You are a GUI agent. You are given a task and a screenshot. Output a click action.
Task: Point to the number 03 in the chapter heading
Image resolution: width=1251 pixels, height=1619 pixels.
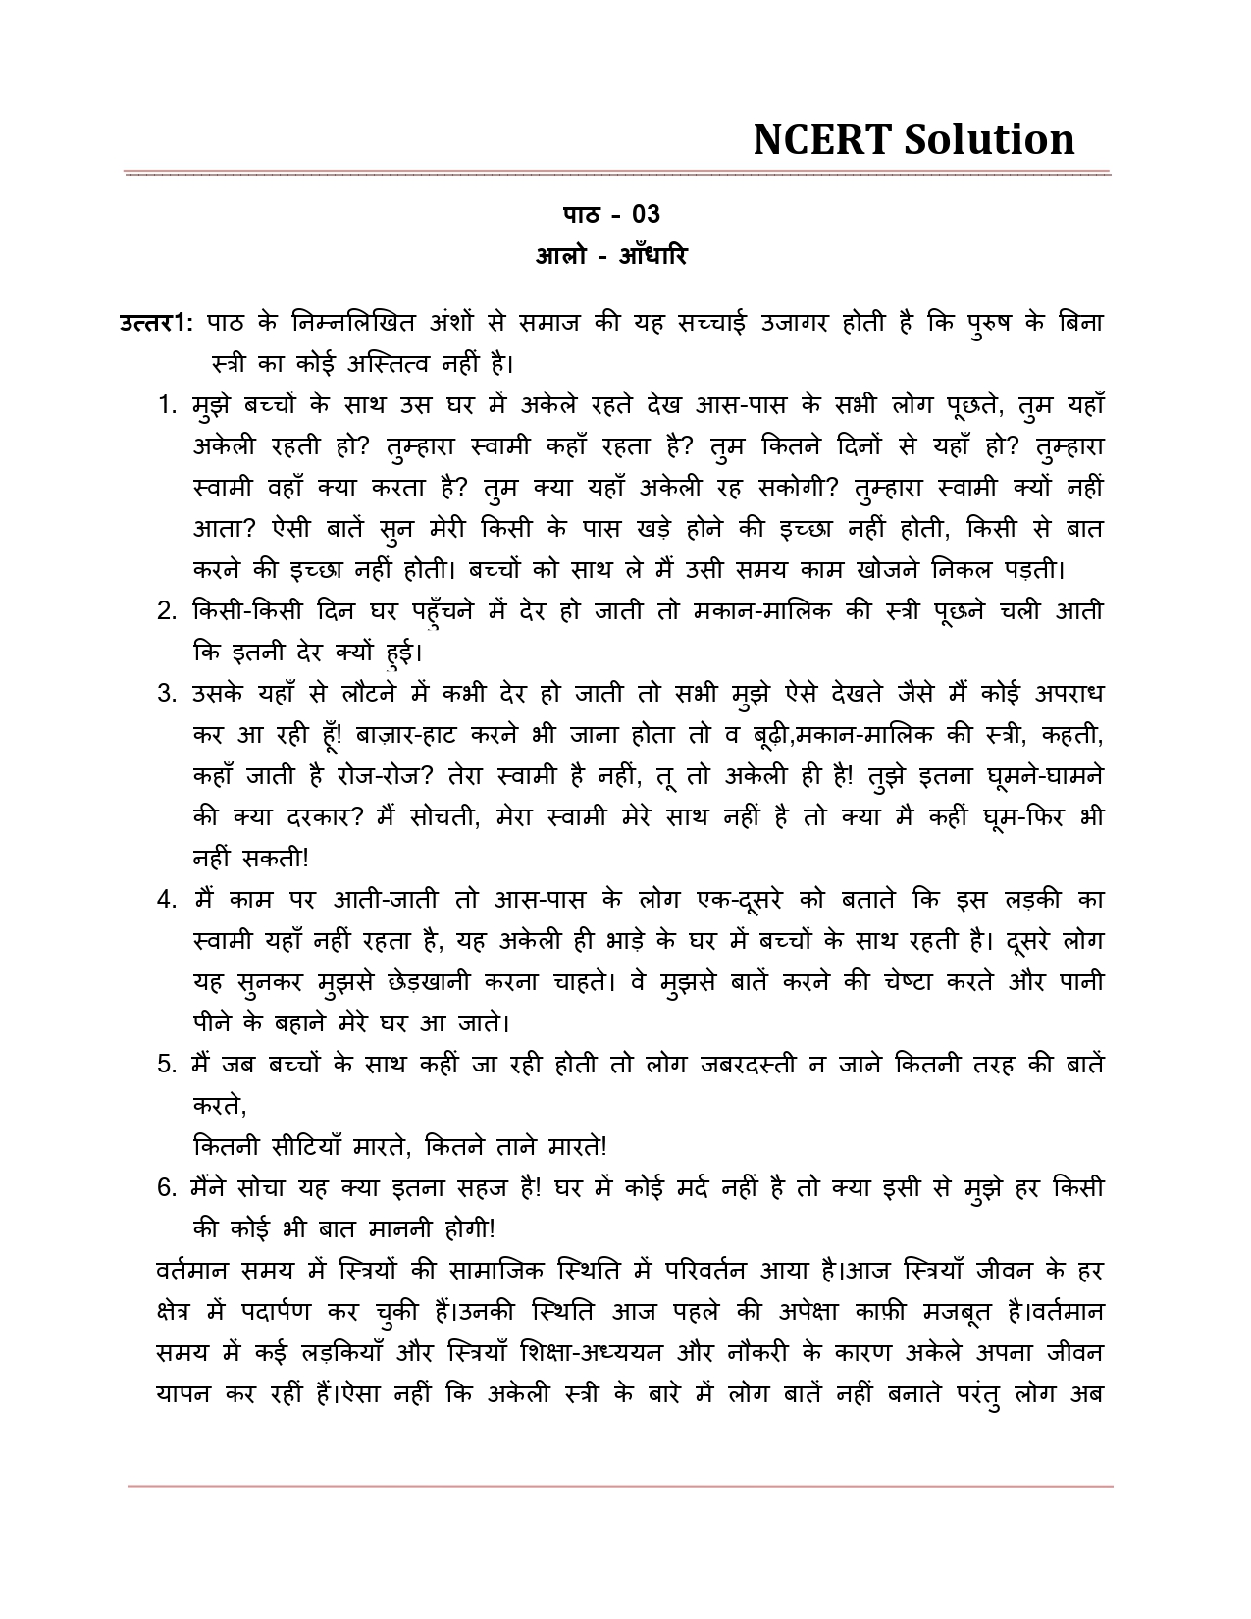tap(647, 214)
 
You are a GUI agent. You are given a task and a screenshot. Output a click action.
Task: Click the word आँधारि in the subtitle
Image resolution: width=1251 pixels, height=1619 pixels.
tap(653, 256)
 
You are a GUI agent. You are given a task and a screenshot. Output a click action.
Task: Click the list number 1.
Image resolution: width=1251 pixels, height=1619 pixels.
tap(166, 405)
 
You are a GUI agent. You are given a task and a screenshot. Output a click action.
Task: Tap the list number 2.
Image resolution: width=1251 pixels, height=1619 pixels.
tap(166, 611)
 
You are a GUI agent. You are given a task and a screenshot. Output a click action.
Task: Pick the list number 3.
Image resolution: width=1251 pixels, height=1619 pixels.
tap(166, 694)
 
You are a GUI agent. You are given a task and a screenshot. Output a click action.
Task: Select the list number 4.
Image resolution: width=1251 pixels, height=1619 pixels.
tap(166, 900)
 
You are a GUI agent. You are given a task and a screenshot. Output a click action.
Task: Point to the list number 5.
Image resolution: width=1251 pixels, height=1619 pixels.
tap(166, 1065)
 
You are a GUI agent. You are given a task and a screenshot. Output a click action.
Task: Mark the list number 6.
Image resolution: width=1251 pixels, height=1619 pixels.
tap(166, 1188)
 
